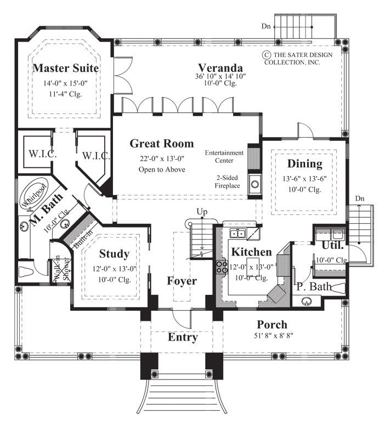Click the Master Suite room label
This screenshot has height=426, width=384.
66,69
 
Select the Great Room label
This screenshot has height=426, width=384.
161,144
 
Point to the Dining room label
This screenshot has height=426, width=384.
304,164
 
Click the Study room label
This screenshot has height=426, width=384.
114,254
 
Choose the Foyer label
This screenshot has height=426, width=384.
182,281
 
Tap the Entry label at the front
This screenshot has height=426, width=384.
182,337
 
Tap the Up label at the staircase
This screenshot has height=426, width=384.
201,211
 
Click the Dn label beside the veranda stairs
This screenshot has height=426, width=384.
266,26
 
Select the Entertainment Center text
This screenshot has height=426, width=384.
224,156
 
